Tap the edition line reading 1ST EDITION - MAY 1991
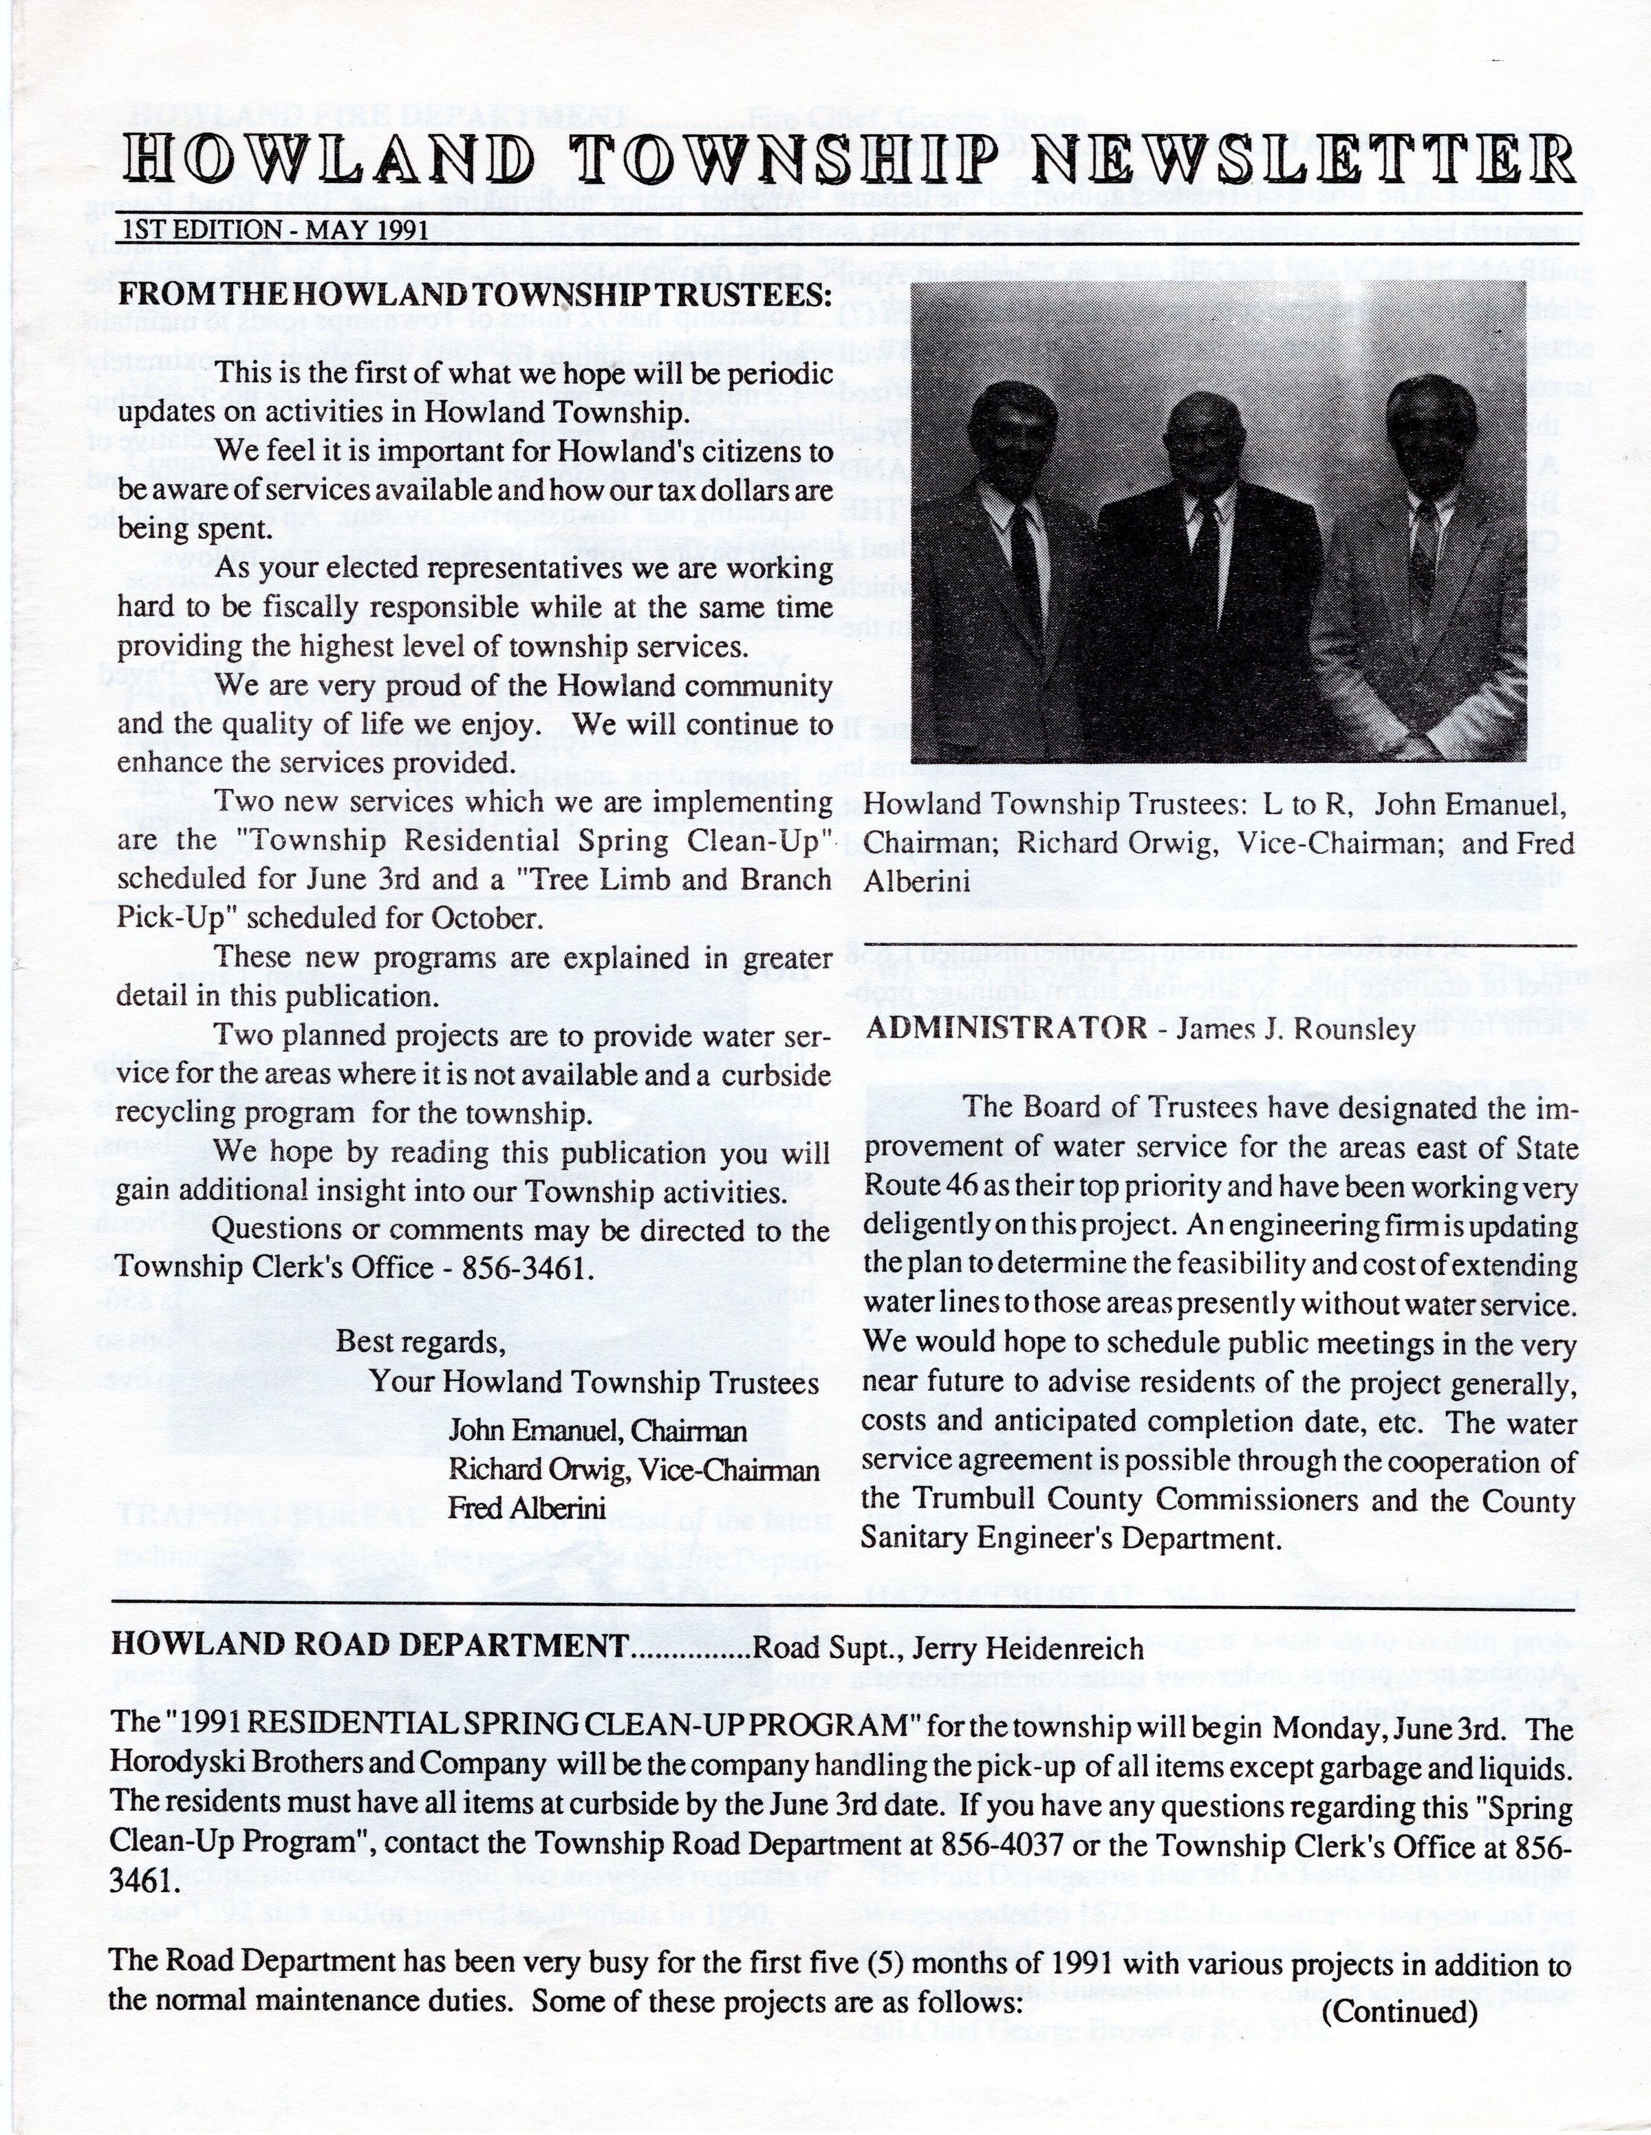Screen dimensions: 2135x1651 [x=277, y=230]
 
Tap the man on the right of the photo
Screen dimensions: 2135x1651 [x=1427, y=548]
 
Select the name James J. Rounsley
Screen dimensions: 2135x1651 [x=1295, y=1029]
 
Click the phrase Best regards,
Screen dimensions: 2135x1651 [x=421, y=1341]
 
